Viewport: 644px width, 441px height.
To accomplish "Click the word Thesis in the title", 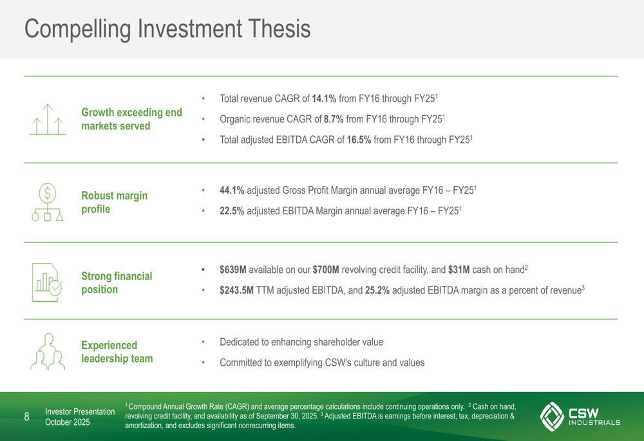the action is [x=279, y=28].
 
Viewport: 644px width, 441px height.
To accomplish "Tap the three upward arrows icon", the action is [x=48, y=120].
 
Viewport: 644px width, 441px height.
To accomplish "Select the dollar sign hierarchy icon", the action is [x=48, y=202].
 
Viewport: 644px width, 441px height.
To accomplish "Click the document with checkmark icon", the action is [x=47, y=283].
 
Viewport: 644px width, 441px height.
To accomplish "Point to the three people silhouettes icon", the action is [x=48, y=352].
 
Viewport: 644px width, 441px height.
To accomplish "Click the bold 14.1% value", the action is [x=324, y=99].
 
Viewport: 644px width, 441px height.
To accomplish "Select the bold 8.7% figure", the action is [x=334, y=119].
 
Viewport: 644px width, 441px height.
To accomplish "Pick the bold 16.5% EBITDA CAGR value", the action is [x=359, y=140].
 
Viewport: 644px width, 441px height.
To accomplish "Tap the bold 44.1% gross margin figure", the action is [x=232, y=190].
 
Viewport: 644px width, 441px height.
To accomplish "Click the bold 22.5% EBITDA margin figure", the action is [x=232, y=211].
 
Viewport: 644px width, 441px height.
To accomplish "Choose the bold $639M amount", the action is [x=233, y=269].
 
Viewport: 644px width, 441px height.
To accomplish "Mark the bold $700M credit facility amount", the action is [x=326, y=269].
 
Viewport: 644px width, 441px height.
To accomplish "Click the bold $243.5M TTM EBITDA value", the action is [x=236, y=290].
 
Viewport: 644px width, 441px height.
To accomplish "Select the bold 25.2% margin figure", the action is [x=377, y=290].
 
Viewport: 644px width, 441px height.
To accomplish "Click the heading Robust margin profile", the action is [x=114, y=202].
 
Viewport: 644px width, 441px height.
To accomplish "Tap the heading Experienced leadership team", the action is [x=117, y=352].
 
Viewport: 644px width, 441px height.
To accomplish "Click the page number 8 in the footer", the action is [x=26, y=417].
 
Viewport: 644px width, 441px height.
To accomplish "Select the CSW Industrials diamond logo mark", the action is [x=552, y=417].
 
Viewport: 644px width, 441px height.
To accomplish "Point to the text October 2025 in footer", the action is [x=68, y=422].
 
